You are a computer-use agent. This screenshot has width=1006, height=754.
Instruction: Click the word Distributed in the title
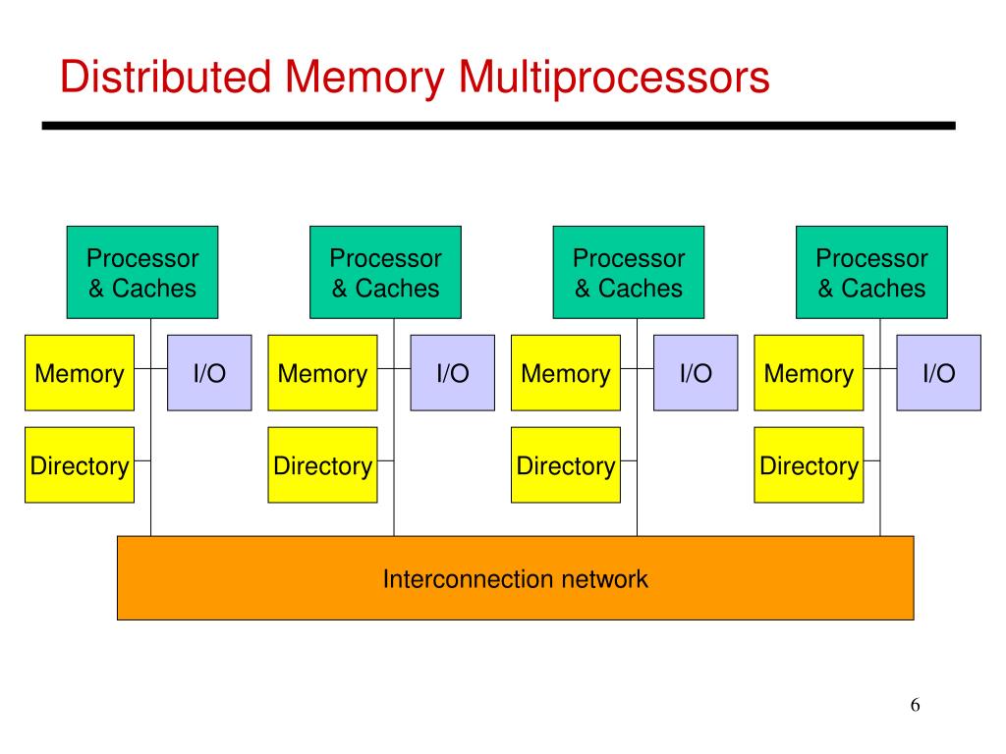coord(165,77)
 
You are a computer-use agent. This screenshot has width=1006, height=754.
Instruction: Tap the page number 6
coord(915,705)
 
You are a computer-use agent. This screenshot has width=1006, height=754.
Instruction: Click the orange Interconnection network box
coord(515,577)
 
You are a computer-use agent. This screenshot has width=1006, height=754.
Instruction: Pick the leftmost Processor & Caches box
coord(142,272)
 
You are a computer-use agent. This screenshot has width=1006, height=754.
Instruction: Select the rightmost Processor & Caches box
coord(872,272)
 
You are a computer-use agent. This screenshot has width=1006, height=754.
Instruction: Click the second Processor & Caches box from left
coord(385,272)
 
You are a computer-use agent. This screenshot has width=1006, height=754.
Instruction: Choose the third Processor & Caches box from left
coord(629,272)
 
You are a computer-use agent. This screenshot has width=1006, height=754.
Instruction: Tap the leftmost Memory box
coord(80,372)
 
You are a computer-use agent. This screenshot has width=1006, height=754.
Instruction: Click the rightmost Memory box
coord(810,372)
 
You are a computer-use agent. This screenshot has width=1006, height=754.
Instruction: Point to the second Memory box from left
coord(322,372)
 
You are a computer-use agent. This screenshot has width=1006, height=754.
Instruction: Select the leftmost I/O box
coord(209,372)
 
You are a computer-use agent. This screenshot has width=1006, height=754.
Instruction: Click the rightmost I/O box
coord(938,372)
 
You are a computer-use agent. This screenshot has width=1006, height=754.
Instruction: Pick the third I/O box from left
coord(696,372)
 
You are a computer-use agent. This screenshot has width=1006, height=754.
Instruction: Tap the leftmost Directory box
coord(80,464)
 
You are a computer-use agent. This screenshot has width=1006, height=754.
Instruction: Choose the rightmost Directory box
coord(810,464)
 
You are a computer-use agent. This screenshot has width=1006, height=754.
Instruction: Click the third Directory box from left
coord(566,464)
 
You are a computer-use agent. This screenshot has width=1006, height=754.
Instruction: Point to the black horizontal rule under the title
coord(498,126)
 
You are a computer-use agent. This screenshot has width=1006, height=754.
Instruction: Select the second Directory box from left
coord(322,464)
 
